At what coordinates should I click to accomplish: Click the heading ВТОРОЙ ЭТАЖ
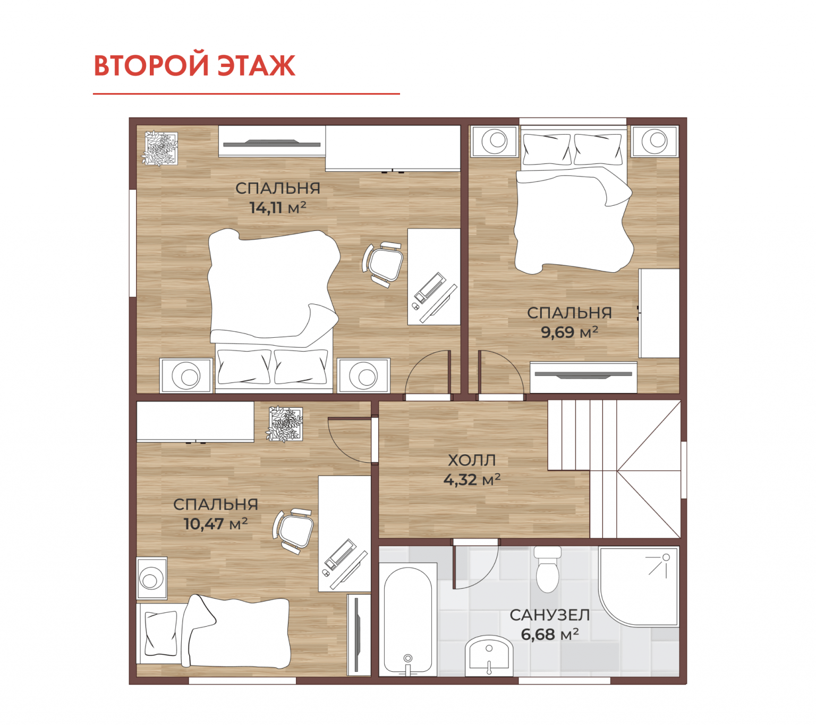tap(194, 65)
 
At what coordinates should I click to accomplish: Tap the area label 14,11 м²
tap(278, 207)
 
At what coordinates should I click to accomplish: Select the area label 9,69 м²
tap(569, 332)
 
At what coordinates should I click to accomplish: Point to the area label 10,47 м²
tap(216, 524)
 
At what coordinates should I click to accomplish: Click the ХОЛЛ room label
tap(472, 460)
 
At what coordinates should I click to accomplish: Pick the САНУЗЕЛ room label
tap(550, 615)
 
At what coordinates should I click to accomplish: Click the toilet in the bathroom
tap(547, 569)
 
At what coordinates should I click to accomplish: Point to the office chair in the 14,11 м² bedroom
tap(383, 264)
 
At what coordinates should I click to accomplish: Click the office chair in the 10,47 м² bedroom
tap(293, 531)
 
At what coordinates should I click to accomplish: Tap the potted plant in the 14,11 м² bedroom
tap(160, 148)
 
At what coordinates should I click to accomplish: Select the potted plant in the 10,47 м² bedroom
tap(284, 424)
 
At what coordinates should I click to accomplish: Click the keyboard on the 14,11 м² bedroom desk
tap(429, 288)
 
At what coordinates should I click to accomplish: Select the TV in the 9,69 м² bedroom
tap(583, 374)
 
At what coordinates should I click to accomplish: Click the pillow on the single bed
tap(160, 633)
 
